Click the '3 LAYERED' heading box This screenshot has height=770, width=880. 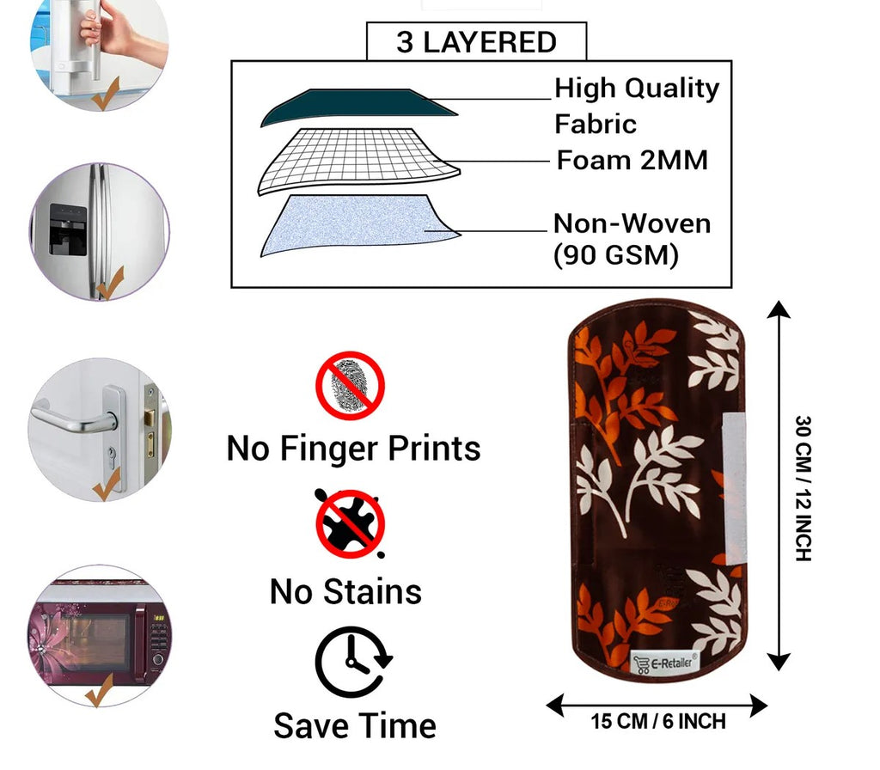point(476,42)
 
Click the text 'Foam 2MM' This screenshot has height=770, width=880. point(632,160)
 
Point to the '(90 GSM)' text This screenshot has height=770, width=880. point(616,255)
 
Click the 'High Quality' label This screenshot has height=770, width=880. point(637,88)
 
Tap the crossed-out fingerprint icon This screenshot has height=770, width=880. point(350,384)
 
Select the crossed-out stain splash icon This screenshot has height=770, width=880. point(350,523)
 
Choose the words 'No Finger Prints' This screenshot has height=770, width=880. point(353,448)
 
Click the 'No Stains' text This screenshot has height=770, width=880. point(345,591)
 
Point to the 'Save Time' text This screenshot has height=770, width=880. point(355,725)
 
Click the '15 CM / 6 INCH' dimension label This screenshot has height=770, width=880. point(658,721)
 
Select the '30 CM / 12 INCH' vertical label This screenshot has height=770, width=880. point(803,488)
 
